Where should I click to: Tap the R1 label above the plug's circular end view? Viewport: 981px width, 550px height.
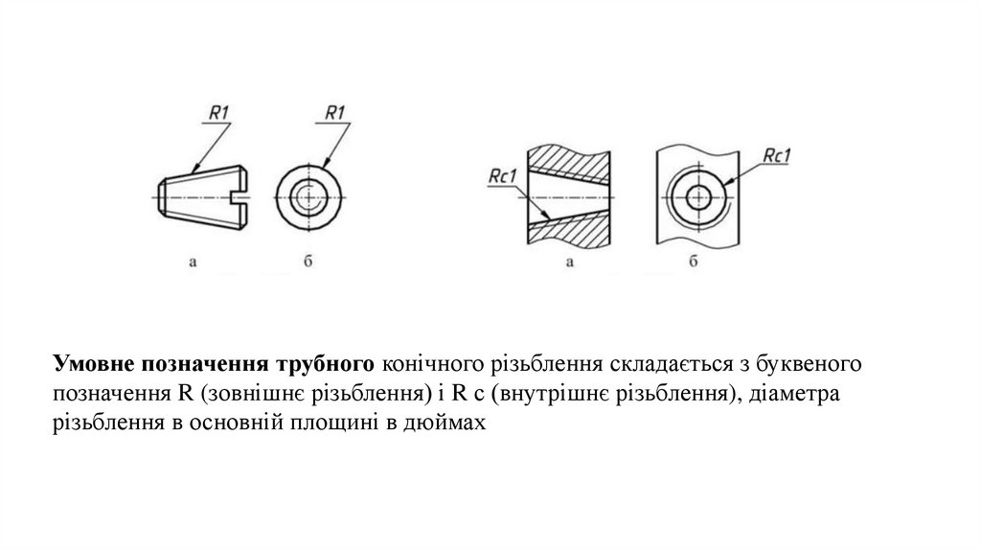click(x=335, y=114)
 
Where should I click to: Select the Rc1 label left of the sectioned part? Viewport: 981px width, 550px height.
click(x=502, y=175)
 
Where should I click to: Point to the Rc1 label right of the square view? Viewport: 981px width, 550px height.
click(x=774, y=156)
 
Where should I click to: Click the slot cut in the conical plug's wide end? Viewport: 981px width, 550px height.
click(x=244, y=198)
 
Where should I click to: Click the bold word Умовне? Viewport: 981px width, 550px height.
click(x=94, y=364)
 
